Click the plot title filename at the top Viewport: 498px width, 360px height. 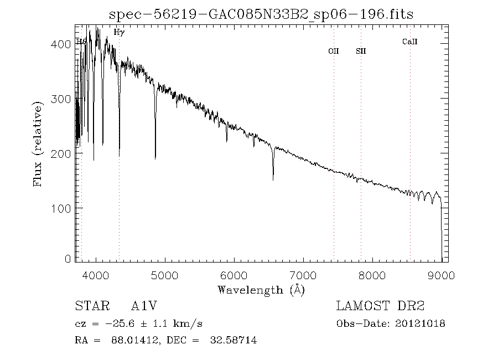click(x=262, y=14)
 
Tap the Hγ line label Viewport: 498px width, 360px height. click(x=119, y=33)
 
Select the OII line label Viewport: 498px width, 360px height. click(x=333, y=52)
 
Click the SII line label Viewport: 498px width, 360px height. click(x=361, y=52)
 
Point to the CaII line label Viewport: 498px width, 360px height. click(x=409, y=42)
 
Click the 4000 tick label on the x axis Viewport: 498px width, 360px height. click(x=96, y=275)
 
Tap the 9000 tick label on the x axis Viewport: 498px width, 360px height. click(x=441, y=275)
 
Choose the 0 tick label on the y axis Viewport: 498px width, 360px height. click(x=69, y=259)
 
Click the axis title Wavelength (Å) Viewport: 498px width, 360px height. click(x=261, y=290)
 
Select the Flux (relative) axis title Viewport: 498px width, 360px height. click(x=38, y=144)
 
